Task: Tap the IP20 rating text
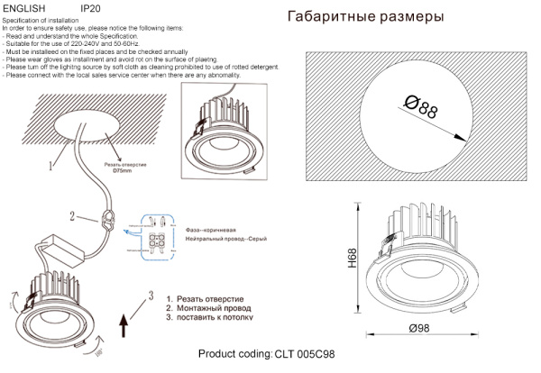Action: [x=91, y=7]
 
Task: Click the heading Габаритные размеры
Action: [x=365, y=17]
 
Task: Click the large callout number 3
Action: [x=152, y=296]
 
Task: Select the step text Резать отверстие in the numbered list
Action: [x=209, y=298]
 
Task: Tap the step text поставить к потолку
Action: [x=215, y=318]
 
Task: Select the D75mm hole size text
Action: [x=124, y=171]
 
